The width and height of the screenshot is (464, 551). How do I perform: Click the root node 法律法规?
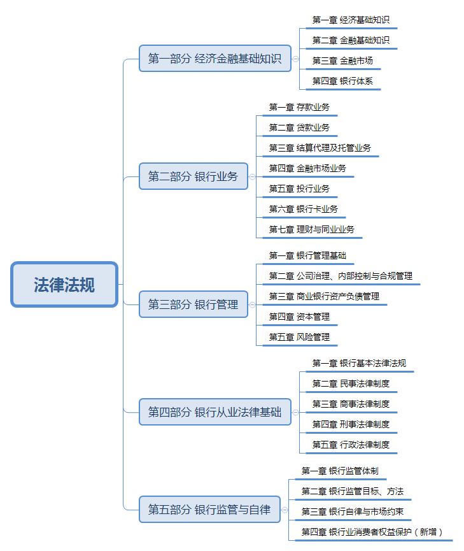click(64, 284)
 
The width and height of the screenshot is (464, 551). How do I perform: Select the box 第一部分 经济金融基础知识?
click(215, 59)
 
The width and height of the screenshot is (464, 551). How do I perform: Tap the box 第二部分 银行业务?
click(193, 176)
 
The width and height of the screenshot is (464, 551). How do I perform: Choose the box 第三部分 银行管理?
click(193, 304)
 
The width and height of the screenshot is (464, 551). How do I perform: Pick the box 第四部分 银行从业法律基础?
click(215, 412)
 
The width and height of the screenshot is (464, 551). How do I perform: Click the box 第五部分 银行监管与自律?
click(209, 509)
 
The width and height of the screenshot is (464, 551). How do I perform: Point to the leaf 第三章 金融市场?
click(342, 61)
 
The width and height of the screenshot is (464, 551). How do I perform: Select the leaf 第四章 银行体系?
click(342, 81)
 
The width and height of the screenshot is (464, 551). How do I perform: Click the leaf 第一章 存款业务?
click(299, 107)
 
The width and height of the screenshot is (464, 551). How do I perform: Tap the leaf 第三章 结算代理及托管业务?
click(320, 148)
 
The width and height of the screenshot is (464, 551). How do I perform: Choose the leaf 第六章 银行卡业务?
click(304, 209)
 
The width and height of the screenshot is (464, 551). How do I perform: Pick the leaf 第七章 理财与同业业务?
click(311, 229)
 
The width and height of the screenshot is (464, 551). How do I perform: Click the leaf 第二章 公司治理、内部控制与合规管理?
click(341, 276)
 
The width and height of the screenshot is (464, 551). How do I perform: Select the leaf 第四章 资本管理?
click(299, 317)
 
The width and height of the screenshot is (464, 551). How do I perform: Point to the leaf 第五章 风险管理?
click(299, 337)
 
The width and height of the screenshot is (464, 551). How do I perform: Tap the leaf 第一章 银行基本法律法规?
click(359, 363)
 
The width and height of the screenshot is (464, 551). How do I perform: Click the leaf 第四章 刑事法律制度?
click(351, 424)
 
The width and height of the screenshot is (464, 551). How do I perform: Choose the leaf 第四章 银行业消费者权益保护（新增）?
click(372, 532)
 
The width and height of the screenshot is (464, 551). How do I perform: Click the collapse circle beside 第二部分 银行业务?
click(252, 176)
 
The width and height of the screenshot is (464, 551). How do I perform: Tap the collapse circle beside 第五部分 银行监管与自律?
click(285, 510)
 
